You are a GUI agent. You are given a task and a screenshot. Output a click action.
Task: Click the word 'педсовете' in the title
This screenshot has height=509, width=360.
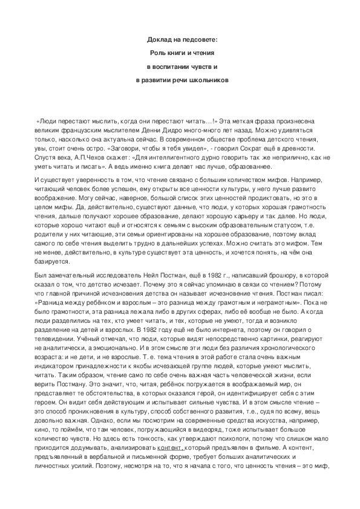tap(199, 40)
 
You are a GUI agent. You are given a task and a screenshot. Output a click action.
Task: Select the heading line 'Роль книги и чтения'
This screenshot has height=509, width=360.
tap(182, 53)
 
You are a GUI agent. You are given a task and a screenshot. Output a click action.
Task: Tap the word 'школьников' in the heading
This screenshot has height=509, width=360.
tap(209, 79)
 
